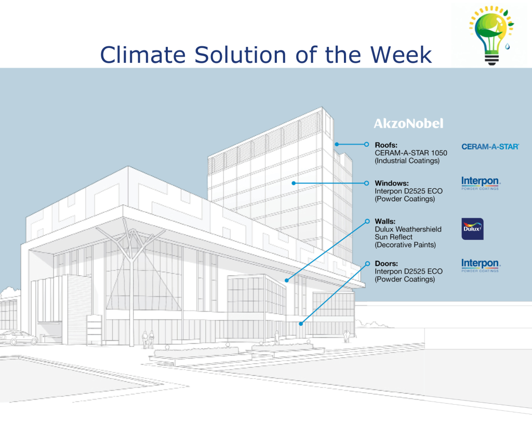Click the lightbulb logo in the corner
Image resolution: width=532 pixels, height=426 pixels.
coord(491,35)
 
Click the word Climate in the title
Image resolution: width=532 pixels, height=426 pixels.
coord(143,55)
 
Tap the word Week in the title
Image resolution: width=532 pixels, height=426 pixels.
coord(401,55)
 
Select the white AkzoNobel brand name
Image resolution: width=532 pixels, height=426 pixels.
coord(408,123)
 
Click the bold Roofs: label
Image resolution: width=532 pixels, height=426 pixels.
coord(386,145)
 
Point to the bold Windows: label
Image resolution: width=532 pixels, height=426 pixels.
coord(392,183)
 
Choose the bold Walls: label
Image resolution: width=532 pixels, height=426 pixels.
coord(385,222)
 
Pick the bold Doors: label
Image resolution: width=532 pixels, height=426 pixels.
coord(387,264)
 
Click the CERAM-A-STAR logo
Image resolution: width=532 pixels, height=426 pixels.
coord(490,147)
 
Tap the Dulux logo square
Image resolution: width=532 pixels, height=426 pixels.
coord(473,229)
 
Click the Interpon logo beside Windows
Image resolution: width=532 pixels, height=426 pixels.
coord(481,183)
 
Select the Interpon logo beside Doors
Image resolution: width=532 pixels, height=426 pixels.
coord(481,265)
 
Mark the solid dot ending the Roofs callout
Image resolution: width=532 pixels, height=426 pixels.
coord(337,145)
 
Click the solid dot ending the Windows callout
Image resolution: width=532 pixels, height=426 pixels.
coord(294,183)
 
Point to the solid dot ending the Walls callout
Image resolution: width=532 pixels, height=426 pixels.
coord(287,280)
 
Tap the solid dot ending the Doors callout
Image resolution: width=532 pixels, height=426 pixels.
coord(301,324)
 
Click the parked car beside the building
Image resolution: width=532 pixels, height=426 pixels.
coord(19,338)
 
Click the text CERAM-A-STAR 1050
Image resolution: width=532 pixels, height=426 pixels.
coord(411,153)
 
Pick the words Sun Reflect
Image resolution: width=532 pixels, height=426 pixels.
coord(394,237)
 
